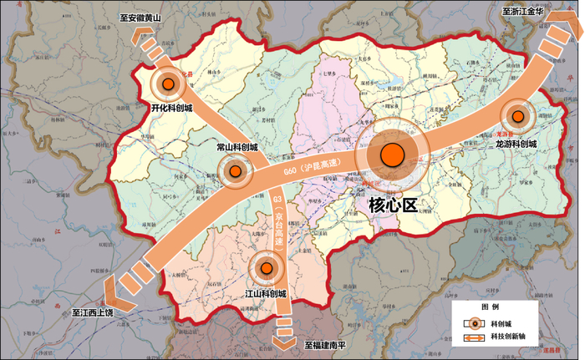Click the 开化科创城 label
[171, 108]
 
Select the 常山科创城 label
[237, 147]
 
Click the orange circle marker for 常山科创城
[237, 171]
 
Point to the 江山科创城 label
[266, 294]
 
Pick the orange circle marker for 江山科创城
[267, 268]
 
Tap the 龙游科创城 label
[517, 143]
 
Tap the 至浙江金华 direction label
[523, 12]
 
